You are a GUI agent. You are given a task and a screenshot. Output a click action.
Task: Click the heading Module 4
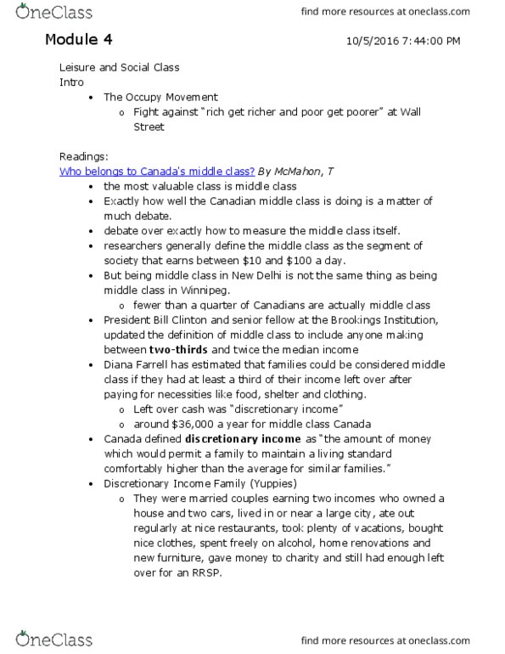click(x=78, y=40)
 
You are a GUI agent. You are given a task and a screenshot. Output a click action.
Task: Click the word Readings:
click(x=82, y=156)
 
